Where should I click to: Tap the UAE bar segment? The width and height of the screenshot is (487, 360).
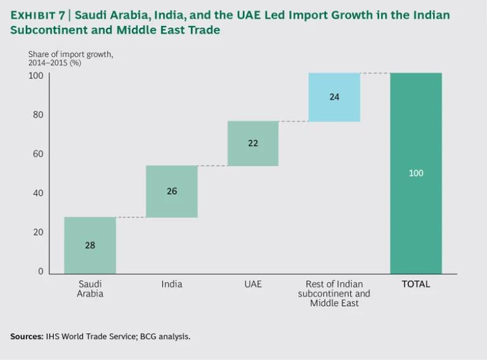(x=253, y=158)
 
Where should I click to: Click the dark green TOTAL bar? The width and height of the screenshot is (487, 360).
(x=416, y=209)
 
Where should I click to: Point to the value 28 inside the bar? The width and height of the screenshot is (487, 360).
(x=90, y=245)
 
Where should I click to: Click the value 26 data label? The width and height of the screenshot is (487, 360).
(x=172, y=191)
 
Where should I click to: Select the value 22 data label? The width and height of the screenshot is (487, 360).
(x=253, y=143)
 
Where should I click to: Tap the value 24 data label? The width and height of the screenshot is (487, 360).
(x=334, y=97)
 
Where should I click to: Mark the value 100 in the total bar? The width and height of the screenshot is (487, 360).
(x=416, y=173)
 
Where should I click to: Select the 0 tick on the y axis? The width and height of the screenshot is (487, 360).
(x=41, y=271)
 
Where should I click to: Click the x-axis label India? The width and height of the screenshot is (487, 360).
(x=172, y=284)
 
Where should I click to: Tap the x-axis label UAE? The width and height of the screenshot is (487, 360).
(x=253, y=284)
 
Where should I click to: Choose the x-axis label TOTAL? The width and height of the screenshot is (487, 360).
(x=416, y=284)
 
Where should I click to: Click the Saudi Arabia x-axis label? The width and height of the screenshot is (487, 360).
(x=90, y=288)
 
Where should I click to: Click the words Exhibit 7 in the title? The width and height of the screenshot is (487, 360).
(x=38, y=15)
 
